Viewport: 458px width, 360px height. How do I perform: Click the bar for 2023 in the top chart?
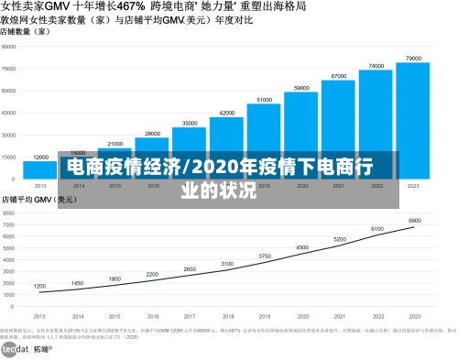[x=413, y=119]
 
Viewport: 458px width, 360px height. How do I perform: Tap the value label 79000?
[x=413, y=58]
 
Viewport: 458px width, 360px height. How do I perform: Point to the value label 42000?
[x=226, y=113]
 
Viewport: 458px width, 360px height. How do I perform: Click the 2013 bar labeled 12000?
[x=40, y=169]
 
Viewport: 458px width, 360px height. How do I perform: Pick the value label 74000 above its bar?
[x=376, y=66]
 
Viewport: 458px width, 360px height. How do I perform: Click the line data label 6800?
[x=414, y=221]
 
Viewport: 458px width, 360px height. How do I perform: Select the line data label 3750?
[x=264, y=256]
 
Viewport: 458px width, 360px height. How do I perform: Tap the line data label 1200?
[x=39, y=286]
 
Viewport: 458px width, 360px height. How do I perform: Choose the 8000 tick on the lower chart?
[x=11, y=212]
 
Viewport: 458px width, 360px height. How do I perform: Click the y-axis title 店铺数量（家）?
[x=25, y=31]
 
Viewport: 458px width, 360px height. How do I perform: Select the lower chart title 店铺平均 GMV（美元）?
[x=38, y=199]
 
